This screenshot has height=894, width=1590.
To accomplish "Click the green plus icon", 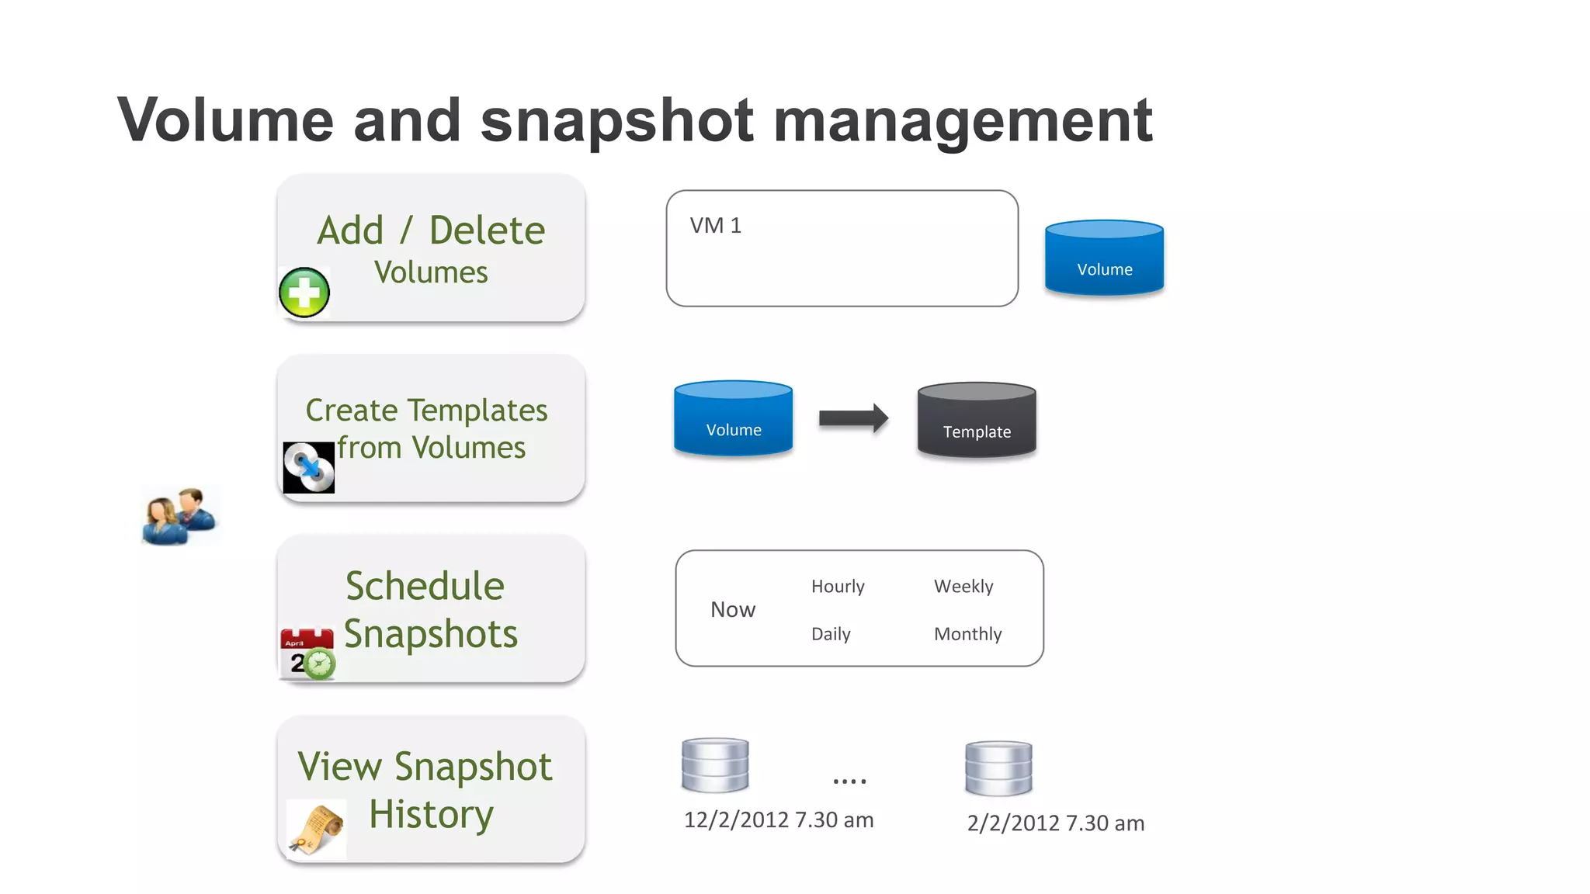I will pyautogui.click(x=304, y=293).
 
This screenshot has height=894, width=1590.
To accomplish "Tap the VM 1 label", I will pyautogui.click(x=715, y=226).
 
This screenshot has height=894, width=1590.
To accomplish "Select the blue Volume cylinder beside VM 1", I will pyautogui.click(x=1104, y=258).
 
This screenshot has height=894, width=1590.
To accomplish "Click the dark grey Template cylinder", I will pyautogui.click(x=976, y=420).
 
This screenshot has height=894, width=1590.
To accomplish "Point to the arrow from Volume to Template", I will pyautogui.click(x=852, y=418).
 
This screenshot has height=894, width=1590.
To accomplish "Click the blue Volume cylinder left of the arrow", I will pyautogui.click(x=733, y=418).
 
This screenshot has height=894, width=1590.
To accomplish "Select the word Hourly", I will pyautogui.click(x=837, y=587).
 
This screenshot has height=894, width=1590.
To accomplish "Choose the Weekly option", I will pyautogui.click(x=963, y=587).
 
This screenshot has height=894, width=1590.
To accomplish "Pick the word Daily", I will pyautogui.click(x=830, y=634).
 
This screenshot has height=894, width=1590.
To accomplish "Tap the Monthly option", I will pyautogui.click(x=967, y=634).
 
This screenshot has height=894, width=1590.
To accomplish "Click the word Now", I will pyautogui.click(x=732, y=610).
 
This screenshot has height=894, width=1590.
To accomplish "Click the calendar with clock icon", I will pyautogui.click(x=307, y=654).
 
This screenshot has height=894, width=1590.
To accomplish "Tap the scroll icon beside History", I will pyautogui.click(x=316, y=830).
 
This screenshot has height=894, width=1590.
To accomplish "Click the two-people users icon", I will pyautogui.click(x=179, y=516).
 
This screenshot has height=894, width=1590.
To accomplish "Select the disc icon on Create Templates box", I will pyautogui.click(x=308, y=467).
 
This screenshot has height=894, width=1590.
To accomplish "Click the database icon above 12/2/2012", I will pyautogui.click(x=714, y=765).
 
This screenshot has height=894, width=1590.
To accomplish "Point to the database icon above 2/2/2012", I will pyautogui.click(x=998, y=768).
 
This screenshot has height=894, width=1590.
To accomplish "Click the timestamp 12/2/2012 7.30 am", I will pyautogui.click(x=778, y=820).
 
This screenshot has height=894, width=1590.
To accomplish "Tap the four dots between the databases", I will pyautogui.click(x=849, y=781).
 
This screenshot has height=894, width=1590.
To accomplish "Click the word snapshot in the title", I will pyautogui.click(x=616, y=122).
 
